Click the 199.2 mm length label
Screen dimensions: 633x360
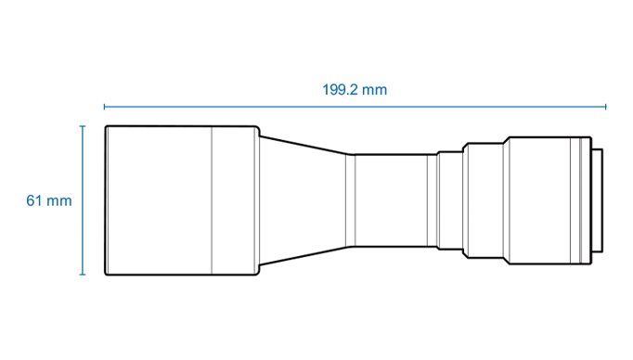pos(355,90)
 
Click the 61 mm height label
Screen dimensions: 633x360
pos(49,200)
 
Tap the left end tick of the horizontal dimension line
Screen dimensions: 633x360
pos(104,107)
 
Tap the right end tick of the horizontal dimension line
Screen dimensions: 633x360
pos(605,107)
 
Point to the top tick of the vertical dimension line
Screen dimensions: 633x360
pos(83,126)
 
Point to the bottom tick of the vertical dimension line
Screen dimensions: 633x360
pos(83,275)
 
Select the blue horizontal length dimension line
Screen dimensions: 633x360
pos(355,107)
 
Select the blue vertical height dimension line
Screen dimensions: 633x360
pos(83,200)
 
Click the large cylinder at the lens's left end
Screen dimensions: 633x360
pos(182,200)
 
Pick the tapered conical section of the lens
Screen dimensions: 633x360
pos(303,200)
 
